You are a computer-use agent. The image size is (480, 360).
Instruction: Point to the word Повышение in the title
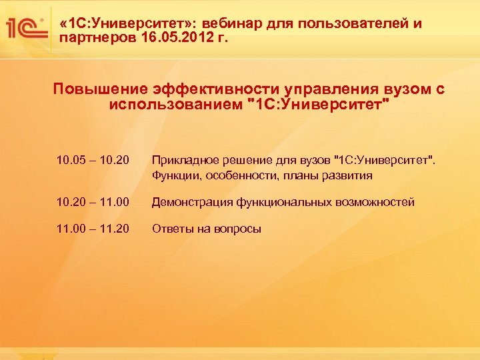(x=99, y=90)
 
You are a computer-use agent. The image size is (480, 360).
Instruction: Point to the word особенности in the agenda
(x=237, y=176)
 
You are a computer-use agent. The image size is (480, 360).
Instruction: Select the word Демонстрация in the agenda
(x=192, y=201)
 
